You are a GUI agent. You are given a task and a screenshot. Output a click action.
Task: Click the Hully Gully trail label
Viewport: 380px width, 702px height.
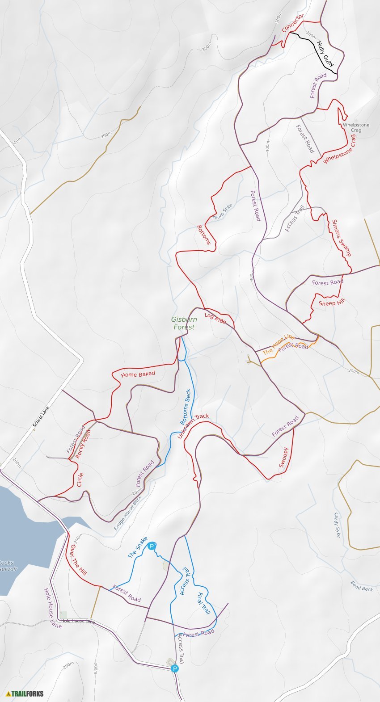[325, 54]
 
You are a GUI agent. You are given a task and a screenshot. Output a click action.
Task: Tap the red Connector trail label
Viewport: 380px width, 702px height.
[293, 22]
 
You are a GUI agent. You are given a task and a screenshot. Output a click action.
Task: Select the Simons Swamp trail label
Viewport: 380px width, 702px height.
[342, 238]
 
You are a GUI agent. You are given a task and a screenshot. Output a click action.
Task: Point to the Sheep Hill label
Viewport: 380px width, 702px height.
[332, 303]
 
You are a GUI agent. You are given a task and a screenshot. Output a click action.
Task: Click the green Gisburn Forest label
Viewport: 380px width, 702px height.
[184, 323]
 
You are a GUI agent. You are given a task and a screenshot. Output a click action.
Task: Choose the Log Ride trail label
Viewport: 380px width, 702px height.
[215, 318]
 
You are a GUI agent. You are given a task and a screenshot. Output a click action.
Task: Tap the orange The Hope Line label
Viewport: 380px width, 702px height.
[279, 345]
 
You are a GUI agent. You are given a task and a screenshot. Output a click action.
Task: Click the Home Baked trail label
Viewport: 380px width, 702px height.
[138, 374]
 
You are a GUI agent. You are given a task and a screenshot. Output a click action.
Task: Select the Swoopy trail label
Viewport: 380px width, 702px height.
[284, 457]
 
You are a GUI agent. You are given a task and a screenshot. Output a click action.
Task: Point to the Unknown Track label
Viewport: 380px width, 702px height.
[193, 426]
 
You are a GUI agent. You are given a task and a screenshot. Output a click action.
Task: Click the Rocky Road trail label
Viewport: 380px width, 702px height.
[83, 444]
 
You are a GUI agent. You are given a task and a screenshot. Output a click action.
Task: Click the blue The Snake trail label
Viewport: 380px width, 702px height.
[137, 547]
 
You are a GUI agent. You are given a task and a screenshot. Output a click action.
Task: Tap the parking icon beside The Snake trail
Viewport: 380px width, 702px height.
[152, 546]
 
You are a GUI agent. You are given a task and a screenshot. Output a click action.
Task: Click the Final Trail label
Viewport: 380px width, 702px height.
[203, 603]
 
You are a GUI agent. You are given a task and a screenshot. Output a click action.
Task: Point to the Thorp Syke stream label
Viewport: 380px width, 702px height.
[222, 212]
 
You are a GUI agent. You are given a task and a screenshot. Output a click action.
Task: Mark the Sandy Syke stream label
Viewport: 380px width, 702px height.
[337, 525]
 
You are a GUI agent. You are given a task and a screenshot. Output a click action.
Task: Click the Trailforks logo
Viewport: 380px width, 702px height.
[25, 694]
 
